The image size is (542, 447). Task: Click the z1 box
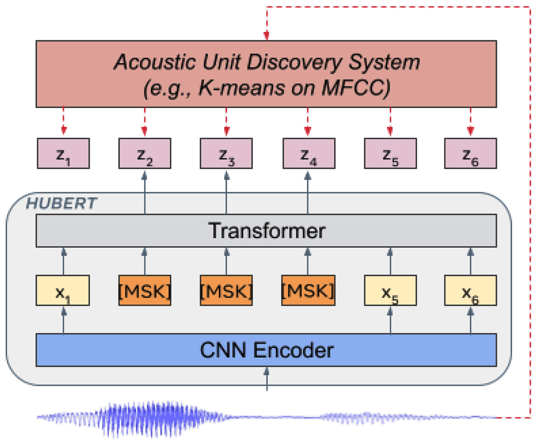pyautogui.click(x=63, y=153)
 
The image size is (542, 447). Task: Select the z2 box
pyautogui.click(x=145, y=153)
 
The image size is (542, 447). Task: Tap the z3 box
pyautogui.click(x=226, y=153)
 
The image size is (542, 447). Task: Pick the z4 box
pyautogui.click(x=309, y=153)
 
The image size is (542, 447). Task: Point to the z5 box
pyautogui.click(x=390, y=153)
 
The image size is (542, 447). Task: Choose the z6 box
pyautogui.click(x=470, y=153)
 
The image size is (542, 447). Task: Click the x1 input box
pyautogui.click(x=63, y=290)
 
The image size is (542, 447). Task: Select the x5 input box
pyautogui.click(x=390, y=290)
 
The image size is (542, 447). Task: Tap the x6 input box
pyautogui.click(x=470, y=290)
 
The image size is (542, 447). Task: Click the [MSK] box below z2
pyautogui.click(x=145, y=290)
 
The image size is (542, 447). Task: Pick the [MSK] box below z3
pyautogui.click(x=226, y=290)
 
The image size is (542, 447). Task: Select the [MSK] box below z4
pyautogui.click(x=308, y=290)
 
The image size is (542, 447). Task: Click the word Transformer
pyautogui.click(x=266, y=231)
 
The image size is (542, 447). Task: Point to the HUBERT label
pyautogui.click(x=62, y=204)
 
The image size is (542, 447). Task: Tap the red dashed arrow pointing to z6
pyautogui.click(x=470, y=121)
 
